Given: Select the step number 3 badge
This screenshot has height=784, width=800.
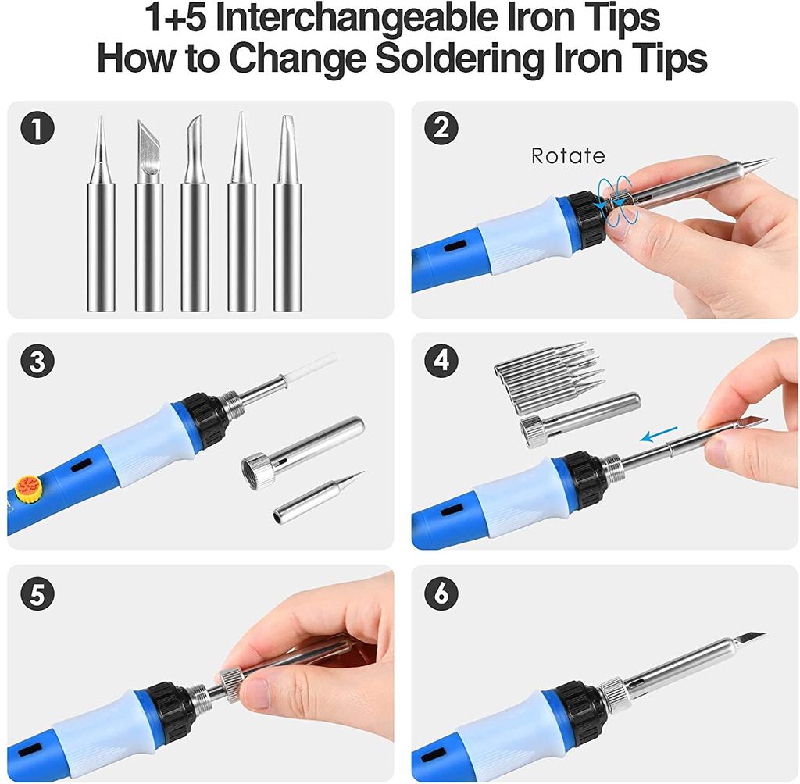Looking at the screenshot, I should point(37,362).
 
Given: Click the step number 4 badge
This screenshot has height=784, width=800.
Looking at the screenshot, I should point(441,362).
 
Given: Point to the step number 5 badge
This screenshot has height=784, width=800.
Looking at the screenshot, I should point(37,595).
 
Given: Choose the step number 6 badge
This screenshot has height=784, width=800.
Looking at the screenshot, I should point(441,595).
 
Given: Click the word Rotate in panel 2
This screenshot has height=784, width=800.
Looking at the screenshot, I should point(568,156).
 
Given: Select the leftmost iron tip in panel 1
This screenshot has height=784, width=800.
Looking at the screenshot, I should point(100,226).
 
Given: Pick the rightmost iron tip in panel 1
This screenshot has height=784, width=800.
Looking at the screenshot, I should point(288,226).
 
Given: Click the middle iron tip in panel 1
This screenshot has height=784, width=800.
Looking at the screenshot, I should point(195,226).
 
